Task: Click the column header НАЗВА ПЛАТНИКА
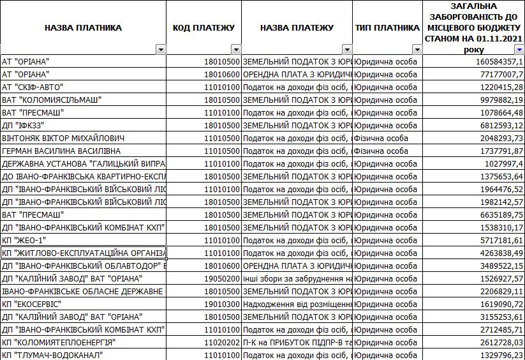[x=83, y=28]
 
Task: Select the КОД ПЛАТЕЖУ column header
[x=203, y=28]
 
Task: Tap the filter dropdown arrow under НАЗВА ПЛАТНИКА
[x=161, y=50]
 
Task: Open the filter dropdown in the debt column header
[x=519, y=50]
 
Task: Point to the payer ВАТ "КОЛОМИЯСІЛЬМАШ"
[x=52, y=100]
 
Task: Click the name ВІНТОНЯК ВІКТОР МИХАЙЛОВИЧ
[x=63, y=138]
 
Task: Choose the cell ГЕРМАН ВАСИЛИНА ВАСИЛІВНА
[x=61, y=151]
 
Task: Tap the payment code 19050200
[x=222, y=278]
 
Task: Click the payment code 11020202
[x=222, y=342]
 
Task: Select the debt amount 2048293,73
[x=496, y=138]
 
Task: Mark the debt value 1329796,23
[x=496, y=355]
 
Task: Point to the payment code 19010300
[x=222, y=304]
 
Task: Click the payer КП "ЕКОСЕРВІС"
[x=31, y=304]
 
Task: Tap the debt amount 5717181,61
[x=496, y=240]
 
